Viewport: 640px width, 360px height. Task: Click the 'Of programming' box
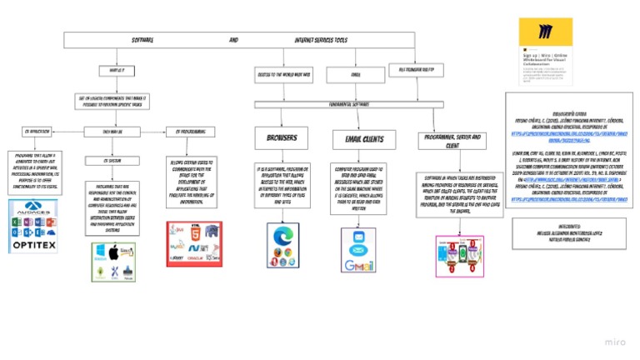[191, 131]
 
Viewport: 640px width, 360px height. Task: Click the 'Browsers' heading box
[281, 137]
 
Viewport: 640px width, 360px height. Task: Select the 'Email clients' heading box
[357, 138]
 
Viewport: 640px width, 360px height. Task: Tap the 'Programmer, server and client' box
[452, 139]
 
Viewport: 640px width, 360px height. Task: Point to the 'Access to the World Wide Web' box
[283, 75]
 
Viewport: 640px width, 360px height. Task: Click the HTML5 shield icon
[193, 235]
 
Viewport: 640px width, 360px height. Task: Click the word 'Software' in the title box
[142, 41]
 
